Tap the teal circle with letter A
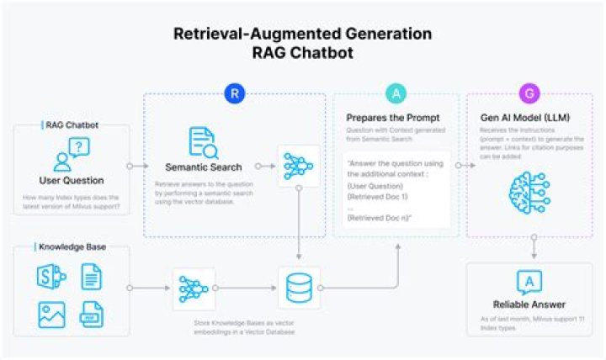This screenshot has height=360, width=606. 395,93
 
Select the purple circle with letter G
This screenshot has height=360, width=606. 529,93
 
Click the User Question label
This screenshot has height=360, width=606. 72,180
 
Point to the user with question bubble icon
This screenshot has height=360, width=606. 71,154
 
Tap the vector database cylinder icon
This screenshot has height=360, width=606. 299,288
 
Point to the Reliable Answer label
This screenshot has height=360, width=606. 529,304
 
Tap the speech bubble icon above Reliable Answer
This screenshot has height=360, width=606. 529,282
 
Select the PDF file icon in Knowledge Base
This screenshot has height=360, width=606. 92,315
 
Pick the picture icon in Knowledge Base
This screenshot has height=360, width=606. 52,315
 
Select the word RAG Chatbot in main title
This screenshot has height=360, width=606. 302,52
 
